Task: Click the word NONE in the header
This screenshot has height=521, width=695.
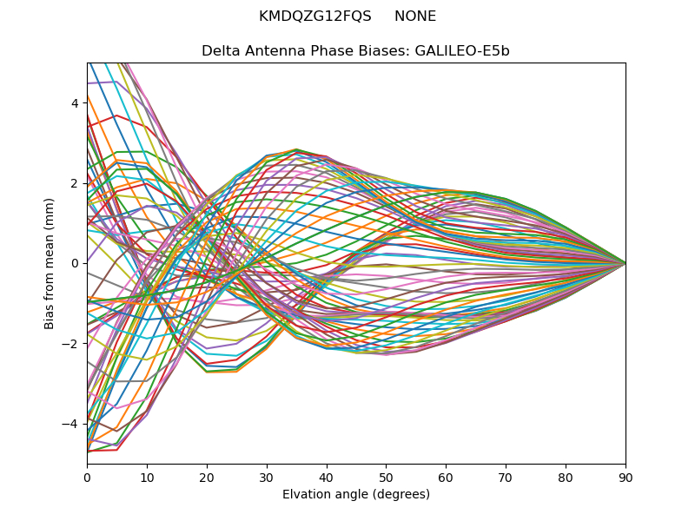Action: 415,16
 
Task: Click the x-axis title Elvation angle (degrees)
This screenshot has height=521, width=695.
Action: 356,495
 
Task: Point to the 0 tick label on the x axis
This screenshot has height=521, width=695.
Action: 87,477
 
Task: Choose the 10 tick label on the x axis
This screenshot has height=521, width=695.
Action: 147,477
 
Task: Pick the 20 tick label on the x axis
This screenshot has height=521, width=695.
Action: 207,477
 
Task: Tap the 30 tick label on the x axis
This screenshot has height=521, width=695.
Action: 267,477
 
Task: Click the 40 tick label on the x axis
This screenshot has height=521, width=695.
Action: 327,477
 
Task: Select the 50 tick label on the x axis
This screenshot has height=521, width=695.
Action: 386,477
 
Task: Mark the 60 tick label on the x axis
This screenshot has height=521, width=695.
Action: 446,477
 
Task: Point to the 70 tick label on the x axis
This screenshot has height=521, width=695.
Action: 506,477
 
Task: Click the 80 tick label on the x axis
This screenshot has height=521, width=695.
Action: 566,477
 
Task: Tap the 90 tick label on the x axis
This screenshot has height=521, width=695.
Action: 625,477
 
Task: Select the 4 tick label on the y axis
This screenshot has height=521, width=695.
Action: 75,103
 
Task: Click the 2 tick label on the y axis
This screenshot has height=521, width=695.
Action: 75,183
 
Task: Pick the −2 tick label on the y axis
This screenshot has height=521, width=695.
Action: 71,343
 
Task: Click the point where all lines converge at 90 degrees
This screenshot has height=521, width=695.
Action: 625,263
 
